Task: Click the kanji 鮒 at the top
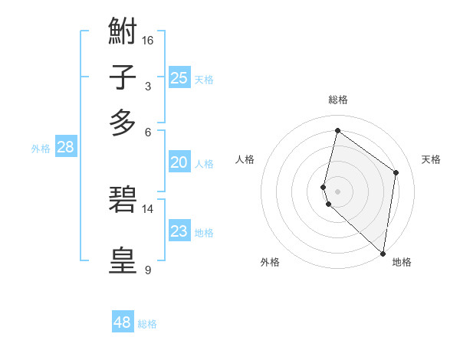pos(123,33)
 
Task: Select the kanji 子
pos(123,78)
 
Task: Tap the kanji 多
pos(123,122)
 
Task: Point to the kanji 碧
pos(123,200)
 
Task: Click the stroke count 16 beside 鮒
pos(148,40)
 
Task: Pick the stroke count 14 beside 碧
pos(148,208)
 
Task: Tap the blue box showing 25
pos(179,77)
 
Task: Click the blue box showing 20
pos(179,162)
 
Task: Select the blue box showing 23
pos(179,231)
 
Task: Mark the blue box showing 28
pos(65,148)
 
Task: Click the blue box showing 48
pos(123,322)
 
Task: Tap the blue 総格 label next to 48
pos(147,324)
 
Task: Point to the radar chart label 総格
pos(337,100)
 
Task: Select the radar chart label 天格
pos(431,159)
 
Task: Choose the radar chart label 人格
pos(245,159)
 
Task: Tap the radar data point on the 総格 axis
pos(337,130)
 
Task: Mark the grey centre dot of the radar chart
pos(337,191)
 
